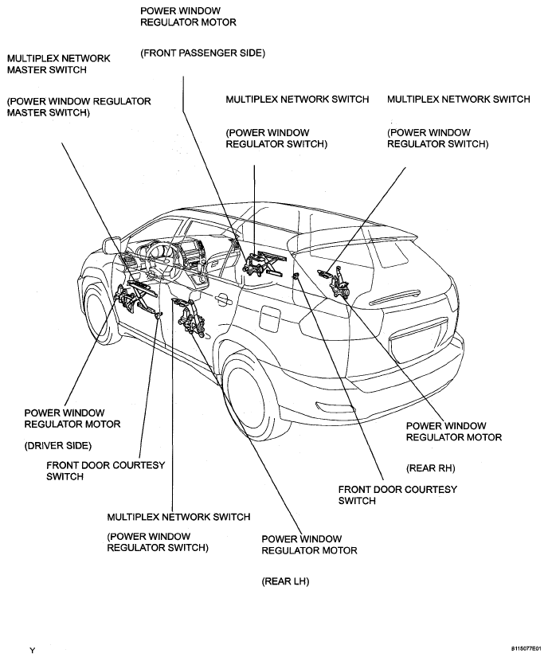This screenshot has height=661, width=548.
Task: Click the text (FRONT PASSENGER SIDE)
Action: click(x=202, y=53)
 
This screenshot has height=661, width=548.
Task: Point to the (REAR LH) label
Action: click(x=285, y=582)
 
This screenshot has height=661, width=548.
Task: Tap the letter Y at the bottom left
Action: click(x=33, y=651)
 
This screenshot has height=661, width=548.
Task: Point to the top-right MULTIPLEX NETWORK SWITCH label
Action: click(x=458, y=100)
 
